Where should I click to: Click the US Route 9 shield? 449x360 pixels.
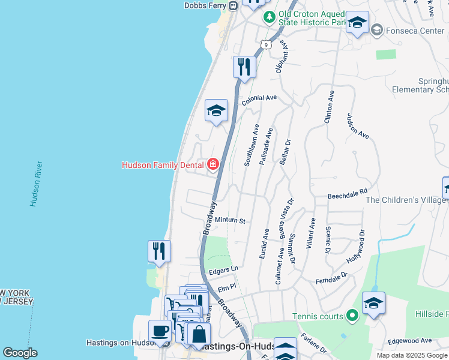pos(265,44)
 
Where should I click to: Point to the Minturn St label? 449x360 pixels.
pos(231,221)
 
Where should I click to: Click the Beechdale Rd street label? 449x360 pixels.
pos(347,195)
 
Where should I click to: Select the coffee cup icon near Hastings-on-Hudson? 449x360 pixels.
pos(160,330)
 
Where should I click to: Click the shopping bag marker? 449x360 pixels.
pos(199,334)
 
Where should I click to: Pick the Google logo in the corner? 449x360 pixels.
pos(20,353)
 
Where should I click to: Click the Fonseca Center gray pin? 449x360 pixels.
pos(377,29)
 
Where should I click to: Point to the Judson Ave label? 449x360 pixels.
pos(357,126)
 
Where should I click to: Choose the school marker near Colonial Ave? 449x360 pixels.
pos(216,110)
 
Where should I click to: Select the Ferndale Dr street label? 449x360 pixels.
pos(331,278)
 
